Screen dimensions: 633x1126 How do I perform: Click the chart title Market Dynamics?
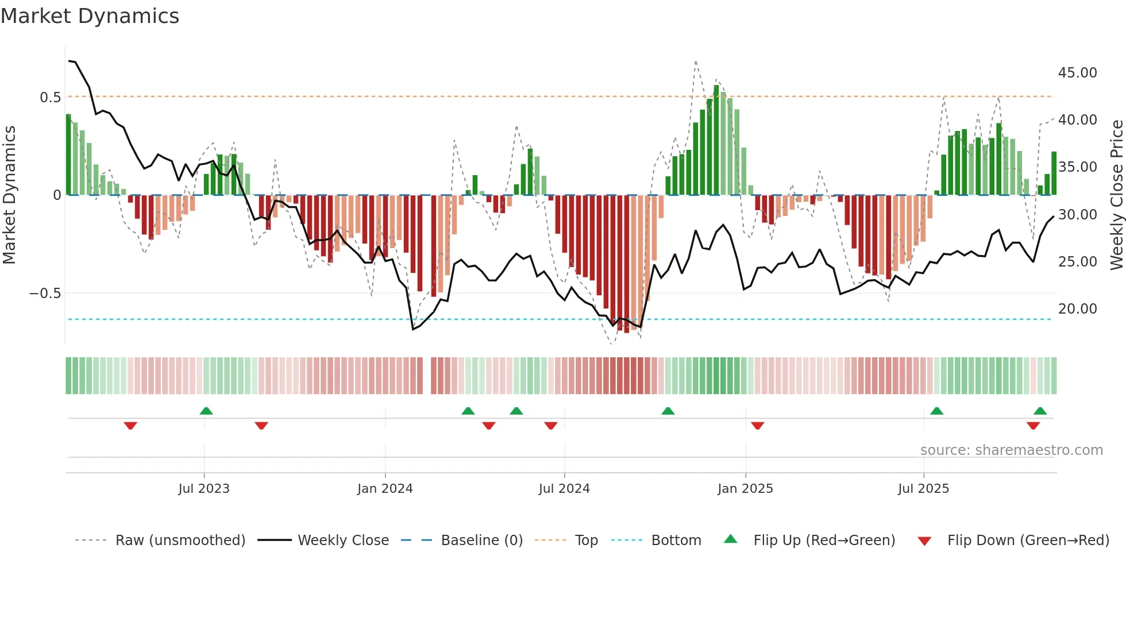pyautogui.click(x=90, y=16)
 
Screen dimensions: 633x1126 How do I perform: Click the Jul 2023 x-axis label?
pyautogui.click(x=203, y=489)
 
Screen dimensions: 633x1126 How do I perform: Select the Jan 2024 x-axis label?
pyautogui.click(x=385, y=489)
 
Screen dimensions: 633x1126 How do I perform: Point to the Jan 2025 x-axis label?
pyautogui.click(x=745, y=489)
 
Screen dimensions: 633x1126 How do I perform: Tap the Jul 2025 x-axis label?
pyautogui.click(x=923, y=489)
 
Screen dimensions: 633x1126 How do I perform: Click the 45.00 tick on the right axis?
pyautogui.click(x=1077, y=73)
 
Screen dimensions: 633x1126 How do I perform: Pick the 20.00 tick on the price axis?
pyautogui.click(x=1077, y=309)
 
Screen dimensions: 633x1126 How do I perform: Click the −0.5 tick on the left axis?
pyautogui.click(x=45, y=294)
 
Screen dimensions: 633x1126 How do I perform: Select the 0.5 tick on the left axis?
pyautogui.click(x=50, y=98)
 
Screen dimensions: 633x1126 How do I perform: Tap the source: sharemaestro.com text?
pyautogui.click(x=1011, y=450)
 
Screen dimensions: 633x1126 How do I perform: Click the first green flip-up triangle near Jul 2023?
pyautogui.click(x=206, y=411)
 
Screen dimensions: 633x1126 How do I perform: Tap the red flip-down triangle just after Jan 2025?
pyautogui.click(x=757, y=426)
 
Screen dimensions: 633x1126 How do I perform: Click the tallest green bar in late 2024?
pyautogui.click(x=716, y=141)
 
